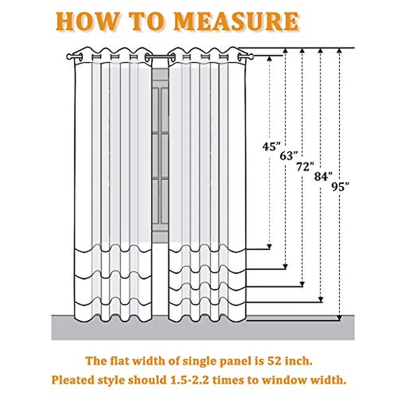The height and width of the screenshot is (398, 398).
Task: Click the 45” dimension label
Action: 272,147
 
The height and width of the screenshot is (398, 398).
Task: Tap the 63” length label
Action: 289,156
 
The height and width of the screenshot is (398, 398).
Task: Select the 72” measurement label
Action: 305,167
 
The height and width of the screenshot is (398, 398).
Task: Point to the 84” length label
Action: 324,176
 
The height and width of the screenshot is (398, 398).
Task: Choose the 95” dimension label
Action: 341,187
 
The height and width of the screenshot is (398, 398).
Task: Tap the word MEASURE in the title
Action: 237,22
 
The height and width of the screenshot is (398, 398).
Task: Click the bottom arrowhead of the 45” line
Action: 270,246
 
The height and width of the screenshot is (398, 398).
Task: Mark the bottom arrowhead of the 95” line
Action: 339,318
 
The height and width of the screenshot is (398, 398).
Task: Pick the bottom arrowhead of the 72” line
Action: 302,284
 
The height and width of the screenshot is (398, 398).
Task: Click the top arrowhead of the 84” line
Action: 321,51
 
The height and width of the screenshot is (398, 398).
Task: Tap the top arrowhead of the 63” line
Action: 285,51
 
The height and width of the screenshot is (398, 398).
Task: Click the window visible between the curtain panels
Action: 160,155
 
